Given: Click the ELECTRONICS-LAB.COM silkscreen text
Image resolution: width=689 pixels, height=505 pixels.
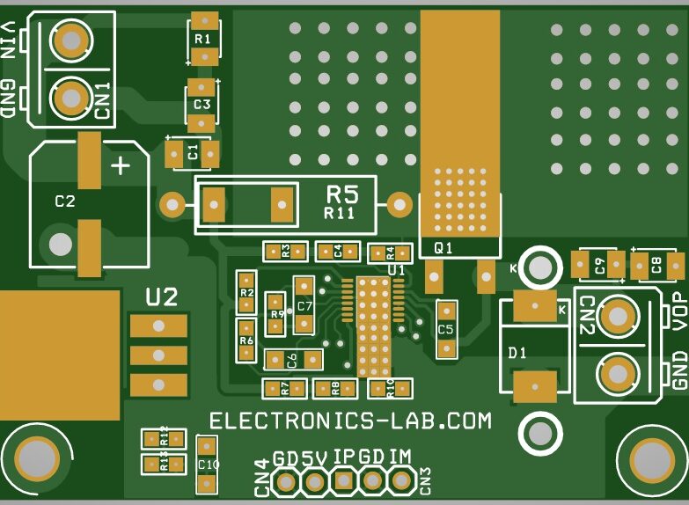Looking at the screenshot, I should click(350, 421).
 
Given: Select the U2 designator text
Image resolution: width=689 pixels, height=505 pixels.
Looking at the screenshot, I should click(162, 297).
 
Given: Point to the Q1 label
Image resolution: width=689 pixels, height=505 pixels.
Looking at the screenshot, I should click(443, 249).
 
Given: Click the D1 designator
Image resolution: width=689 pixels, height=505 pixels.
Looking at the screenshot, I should click(517, 353).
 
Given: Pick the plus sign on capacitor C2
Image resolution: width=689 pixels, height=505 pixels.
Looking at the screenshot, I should click(120, 165).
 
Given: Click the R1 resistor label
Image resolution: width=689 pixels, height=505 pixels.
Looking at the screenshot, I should click(202, 39).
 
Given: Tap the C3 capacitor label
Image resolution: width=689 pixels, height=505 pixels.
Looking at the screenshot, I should click(202, 104).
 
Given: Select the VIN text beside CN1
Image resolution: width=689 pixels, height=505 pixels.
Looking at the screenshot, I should click(8, 41).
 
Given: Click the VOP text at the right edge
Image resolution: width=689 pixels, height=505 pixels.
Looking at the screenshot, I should click(679, 310).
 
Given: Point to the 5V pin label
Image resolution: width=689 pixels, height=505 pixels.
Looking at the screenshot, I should click(315, 457).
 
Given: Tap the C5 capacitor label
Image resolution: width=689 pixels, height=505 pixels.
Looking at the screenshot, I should click(446, 329).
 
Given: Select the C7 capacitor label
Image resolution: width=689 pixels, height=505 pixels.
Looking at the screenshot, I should click(304, 306).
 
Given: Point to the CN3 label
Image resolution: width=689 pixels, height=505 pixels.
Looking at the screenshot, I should click(425, 479).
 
